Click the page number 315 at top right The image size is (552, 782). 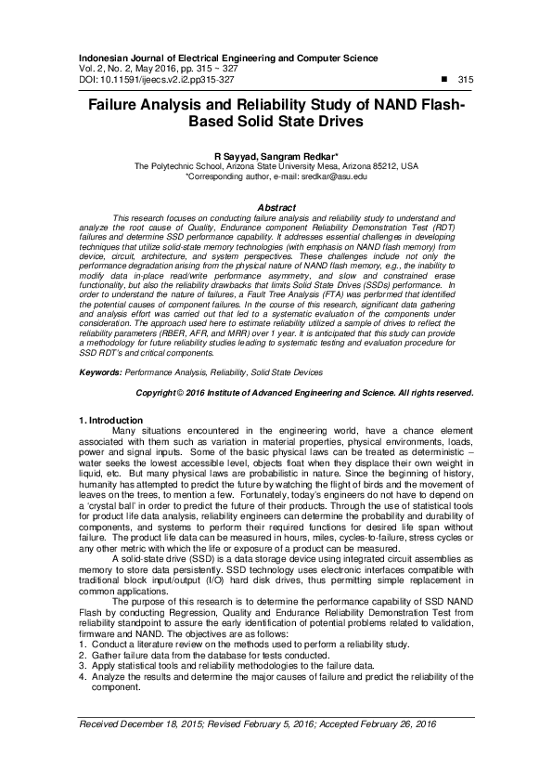466,81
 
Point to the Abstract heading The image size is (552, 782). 276,206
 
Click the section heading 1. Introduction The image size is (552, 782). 111,421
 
